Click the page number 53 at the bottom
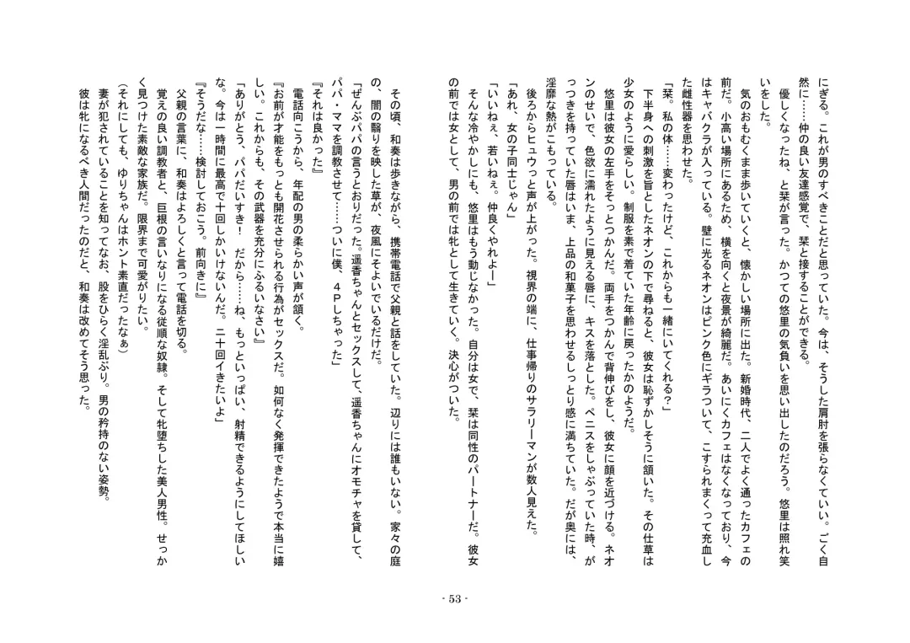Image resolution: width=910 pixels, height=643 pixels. (455, 599)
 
